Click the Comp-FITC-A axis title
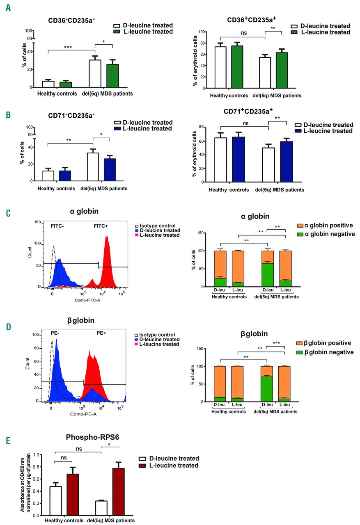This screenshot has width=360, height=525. pos(78,300)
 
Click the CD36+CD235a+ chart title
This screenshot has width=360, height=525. pos(255,20)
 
